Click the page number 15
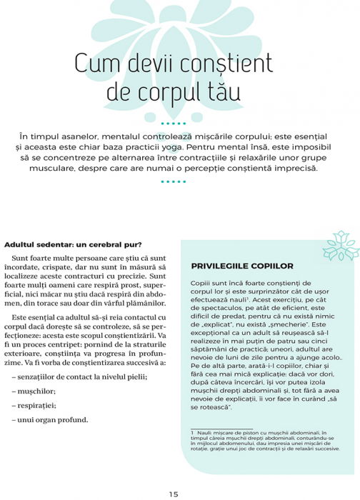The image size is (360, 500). [174, 494]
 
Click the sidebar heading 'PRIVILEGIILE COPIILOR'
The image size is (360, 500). [232, 266]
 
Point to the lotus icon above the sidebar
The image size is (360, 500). [340, 247]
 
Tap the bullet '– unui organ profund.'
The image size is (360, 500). [50, 419]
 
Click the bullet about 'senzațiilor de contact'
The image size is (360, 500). [79, 376]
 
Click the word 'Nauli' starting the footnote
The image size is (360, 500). [206, 433]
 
